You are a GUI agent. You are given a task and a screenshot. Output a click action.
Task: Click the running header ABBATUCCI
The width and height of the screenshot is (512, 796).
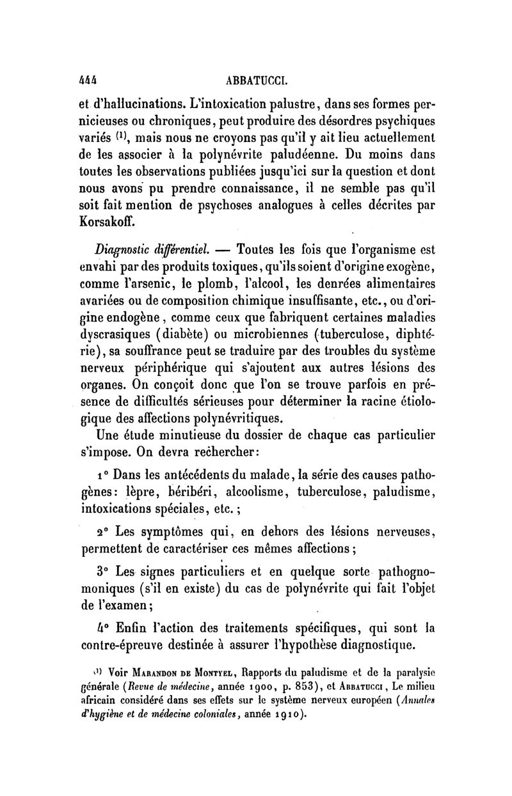[x=255, y=82]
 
